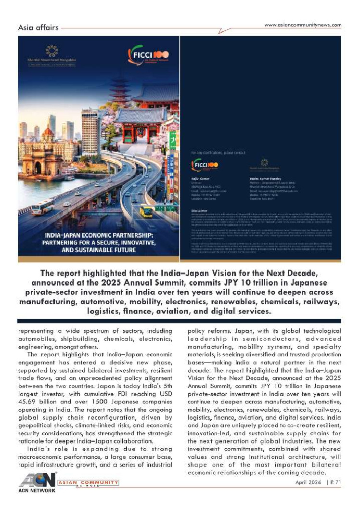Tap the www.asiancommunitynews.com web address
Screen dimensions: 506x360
tap(303, 25)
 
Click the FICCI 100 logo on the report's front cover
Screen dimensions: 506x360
tap(143, 55)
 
